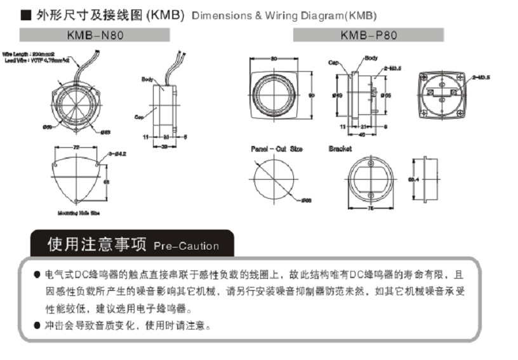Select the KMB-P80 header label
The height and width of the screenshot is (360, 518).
coord(368,35)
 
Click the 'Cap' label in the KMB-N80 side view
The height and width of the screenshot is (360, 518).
coord(139,117)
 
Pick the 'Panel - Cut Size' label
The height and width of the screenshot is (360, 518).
coord(276,149)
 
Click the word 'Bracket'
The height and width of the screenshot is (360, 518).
coord(340,149)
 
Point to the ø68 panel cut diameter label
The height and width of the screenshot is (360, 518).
coord(305,201)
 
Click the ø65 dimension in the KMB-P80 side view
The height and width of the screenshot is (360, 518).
coord(385,95)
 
